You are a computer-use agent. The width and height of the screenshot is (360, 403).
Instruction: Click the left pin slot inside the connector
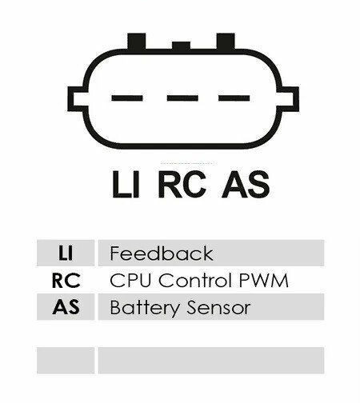(127, 98)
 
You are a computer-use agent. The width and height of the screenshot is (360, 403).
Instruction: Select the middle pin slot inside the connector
(182, 98)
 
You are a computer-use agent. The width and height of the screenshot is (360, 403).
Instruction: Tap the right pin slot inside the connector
(234, 98)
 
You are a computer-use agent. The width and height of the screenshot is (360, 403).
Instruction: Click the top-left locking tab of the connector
(137, 41)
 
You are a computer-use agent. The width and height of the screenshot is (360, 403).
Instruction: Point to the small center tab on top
(181, 46)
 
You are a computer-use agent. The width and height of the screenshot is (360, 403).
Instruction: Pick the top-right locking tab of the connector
(226, 41)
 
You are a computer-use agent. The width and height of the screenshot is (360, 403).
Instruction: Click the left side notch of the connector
(76, 98)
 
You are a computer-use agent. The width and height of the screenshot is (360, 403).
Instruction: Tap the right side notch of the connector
(290, 98)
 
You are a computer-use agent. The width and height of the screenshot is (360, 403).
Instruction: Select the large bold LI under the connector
(126, 184)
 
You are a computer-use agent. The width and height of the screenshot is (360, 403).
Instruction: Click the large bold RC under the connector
(182, 184)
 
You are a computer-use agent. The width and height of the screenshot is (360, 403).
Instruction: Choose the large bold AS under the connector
(246, 184)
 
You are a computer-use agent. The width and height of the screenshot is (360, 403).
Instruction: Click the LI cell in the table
(66, 253)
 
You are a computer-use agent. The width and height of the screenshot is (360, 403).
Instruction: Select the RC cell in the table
(66, 280)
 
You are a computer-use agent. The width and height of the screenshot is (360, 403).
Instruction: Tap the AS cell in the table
(66, 307)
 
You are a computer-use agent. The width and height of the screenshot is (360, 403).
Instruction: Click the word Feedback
(162, 253)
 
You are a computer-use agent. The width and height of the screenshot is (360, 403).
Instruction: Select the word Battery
(145, 308)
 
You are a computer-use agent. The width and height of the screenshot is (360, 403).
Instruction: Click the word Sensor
(218, 308)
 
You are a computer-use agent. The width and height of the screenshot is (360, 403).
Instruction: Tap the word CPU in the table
(130, 280)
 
